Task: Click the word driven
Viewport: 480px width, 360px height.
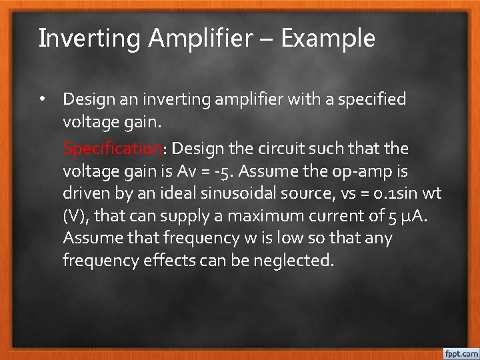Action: (x=83, y=193)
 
